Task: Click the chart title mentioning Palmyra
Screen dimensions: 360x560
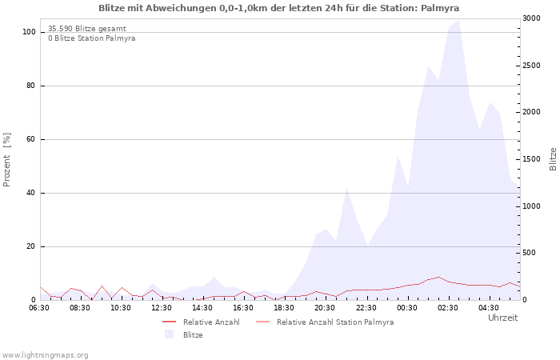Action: coord(279,8)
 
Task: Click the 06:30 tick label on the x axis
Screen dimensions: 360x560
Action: coord(39,307)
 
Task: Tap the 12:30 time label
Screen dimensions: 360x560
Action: coord(162,307)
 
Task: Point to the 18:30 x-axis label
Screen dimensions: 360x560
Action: coord(284,307)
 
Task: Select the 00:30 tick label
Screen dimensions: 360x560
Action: coord(407,307)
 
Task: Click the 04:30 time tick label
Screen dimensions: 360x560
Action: coord(489,307)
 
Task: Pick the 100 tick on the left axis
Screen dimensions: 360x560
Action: coord(29,32)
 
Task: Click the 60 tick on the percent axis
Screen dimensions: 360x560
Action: coord(31,139)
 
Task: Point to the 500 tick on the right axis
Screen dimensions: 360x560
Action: coord(531,253)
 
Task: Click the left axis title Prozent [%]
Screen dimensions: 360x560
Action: coord(7,159)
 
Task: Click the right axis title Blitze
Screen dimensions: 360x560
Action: coord(553,159)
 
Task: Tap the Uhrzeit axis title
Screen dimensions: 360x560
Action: coord(502,318)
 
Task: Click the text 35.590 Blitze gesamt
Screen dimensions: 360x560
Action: coord(86,29)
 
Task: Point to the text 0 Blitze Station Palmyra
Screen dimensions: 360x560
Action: coord(91,38)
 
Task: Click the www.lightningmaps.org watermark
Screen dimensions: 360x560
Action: coord(46,354)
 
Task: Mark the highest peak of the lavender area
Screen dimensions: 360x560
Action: coord(458,19)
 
